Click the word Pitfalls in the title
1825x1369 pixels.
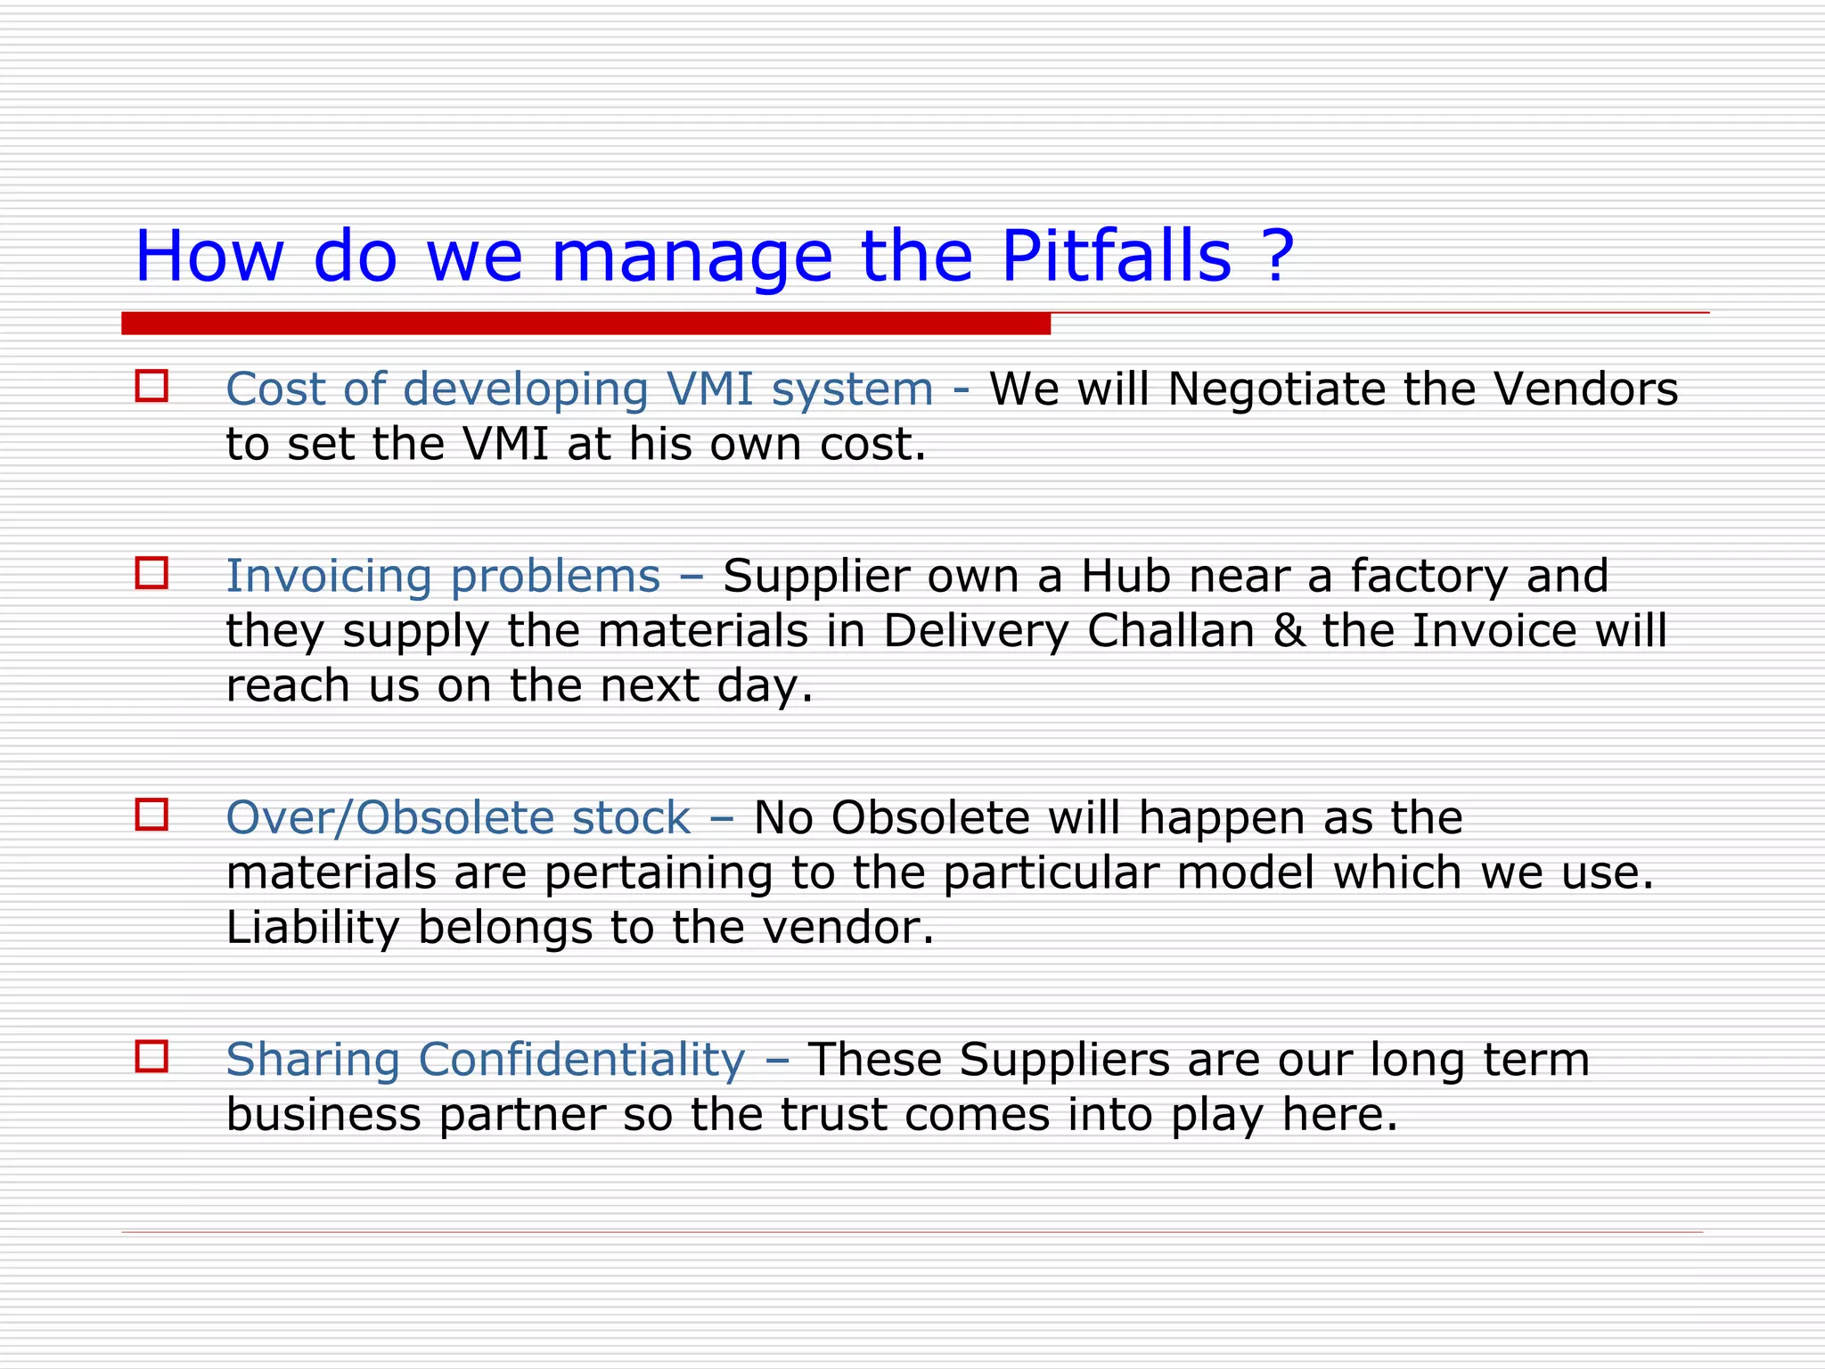pyautogui.click(x=1117, y=257)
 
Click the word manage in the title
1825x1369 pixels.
pyautogui.click(x=692, y=258)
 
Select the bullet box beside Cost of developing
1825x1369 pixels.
pyautogui.click(x=151, y=386)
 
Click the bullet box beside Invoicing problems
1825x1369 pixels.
pyautogui.click(x=151, y=573)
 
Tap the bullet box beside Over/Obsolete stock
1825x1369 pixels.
pyautogui.click(x=151, y=815)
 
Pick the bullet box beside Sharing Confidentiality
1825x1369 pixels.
pyautogui.click(x=151, y=1056)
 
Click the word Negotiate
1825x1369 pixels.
pyautogui.click(x=1277, y=389)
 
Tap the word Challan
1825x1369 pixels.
pyautogui.click(x=1171, y=631)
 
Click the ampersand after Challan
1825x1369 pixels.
pyautogui.click(x=1289, y=631)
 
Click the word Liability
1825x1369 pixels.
pyautogui.click(x=312, y=928)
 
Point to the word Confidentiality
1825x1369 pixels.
pyautogui.click(x=581, y=1061)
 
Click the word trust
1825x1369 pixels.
pyautogui.click(x=833, y=1115)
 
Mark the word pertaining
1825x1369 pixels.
pyautogui.click(x=659, y=873)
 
